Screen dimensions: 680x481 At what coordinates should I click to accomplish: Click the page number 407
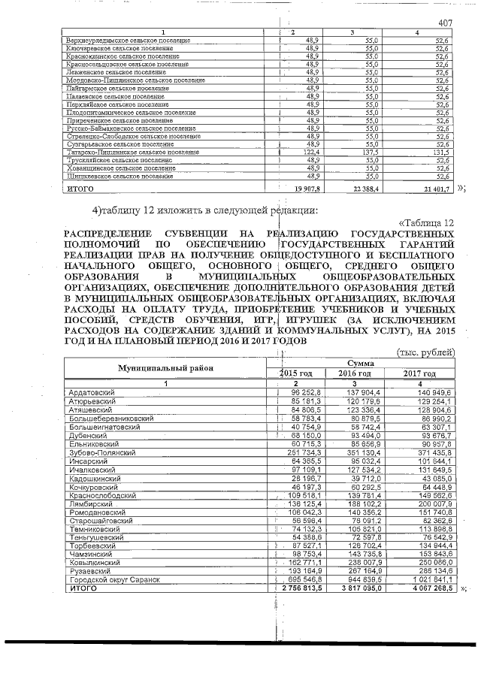(x=447, y=23)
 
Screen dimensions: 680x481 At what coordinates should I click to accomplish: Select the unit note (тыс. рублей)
(x=425, y=352)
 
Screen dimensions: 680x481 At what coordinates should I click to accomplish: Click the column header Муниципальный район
(x=165, y=367)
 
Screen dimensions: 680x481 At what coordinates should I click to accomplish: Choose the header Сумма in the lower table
(x=362, y=362)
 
